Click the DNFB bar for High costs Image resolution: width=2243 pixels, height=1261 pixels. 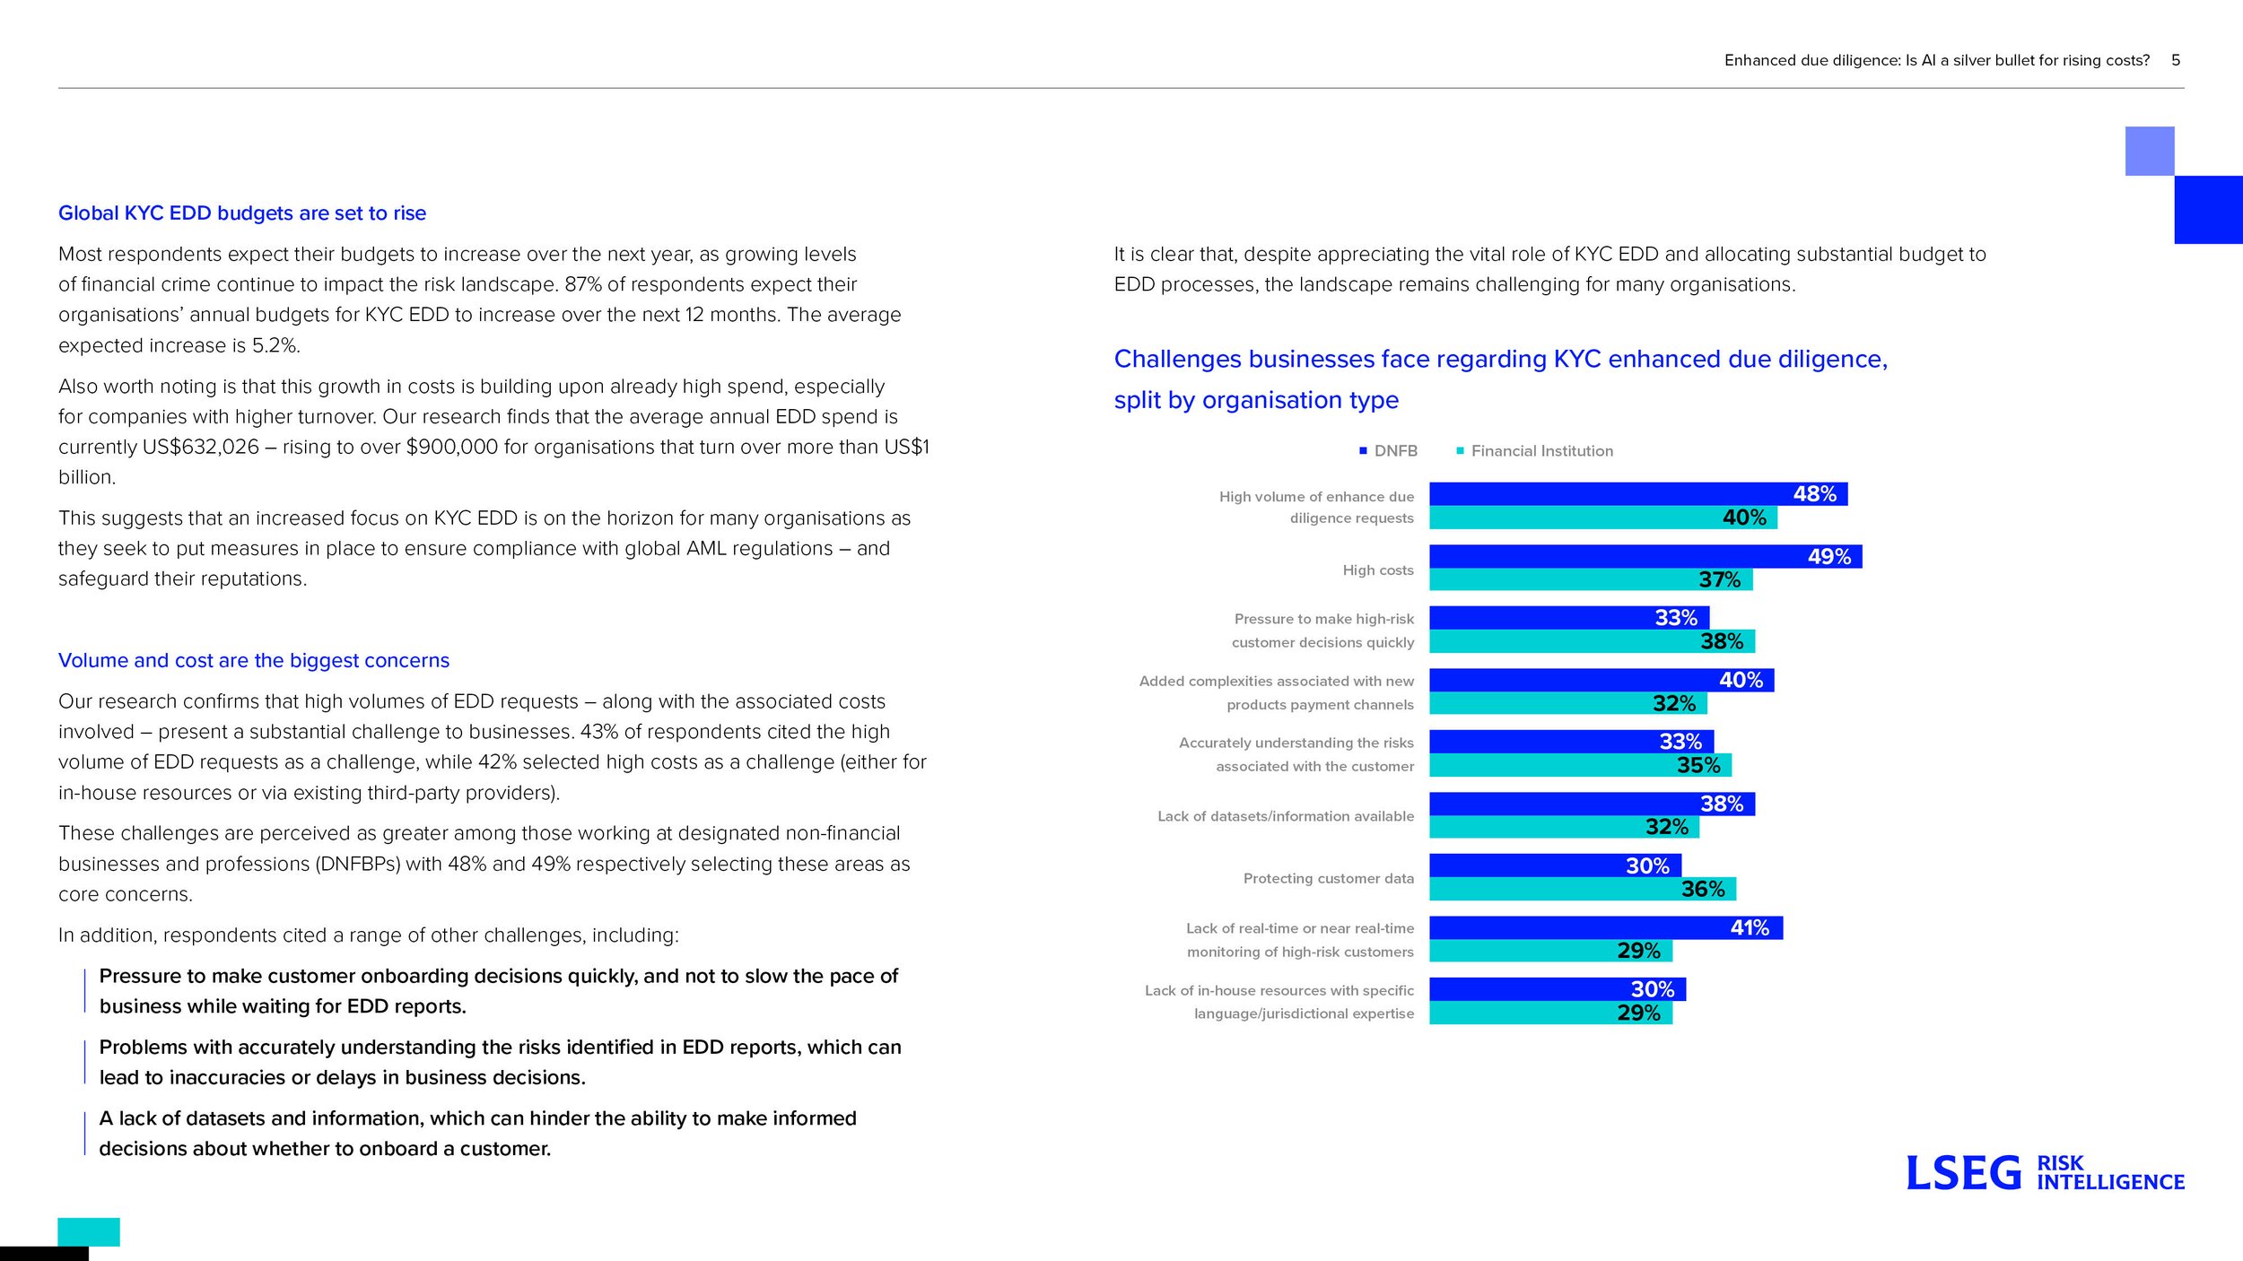point(1645,556)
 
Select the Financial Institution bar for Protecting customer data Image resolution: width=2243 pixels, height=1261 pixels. point(1583,889)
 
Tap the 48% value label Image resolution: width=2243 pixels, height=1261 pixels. point(1814,494)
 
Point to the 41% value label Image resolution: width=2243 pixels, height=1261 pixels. point(1750,927)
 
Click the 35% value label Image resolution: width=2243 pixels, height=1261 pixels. point(1698,765)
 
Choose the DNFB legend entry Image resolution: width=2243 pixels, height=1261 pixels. point(1388,451)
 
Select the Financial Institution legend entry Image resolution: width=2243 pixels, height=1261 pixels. point(1534,451)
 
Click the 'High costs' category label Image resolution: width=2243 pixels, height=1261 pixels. point(1378,570)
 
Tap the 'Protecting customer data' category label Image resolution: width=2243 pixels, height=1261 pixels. point(1329,879)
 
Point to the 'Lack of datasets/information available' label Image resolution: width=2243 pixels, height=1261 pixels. point(1286,816)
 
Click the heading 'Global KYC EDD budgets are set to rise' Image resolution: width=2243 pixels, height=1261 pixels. point(242,213)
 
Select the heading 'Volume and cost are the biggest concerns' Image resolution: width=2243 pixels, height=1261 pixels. point(254,661)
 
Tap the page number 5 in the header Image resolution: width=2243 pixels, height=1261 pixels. point(2176,60)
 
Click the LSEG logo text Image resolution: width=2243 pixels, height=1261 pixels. point(1963,1174)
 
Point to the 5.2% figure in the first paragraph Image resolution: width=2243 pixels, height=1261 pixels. point(275,346)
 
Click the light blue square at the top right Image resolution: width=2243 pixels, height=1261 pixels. point(2150,152)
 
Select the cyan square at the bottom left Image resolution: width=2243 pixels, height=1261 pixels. point(89,1232)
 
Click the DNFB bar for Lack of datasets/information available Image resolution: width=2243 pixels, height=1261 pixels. point(1592,804)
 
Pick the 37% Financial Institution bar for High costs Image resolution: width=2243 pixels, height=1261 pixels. point(1591,579)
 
